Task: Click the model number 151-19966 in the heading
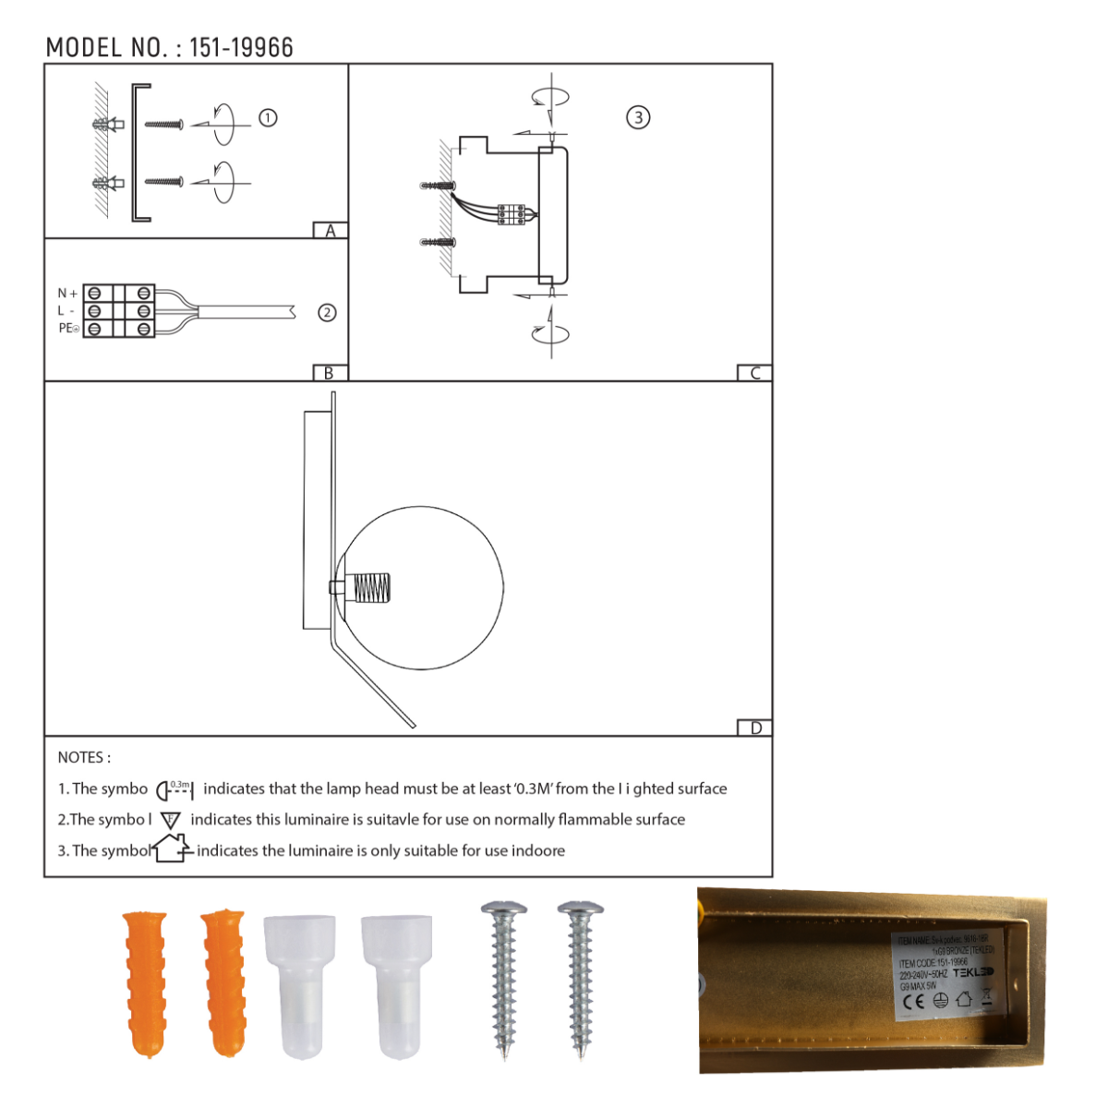click(241, 48)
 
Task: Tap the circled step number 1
click(268, 118)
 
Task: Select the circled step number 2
click(327, 313)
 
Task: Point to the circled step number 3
click(638, 117)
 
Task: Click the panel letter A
click(331, 231)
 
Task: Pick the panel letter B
click(329, 373)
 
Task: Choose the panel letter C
click(754, 373)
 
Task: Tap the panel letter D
click(755, 729)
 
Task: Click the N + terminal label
click(67, 294)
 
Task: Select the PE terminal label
click(68, 329)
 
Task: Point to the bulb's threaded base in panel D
click(371, 587)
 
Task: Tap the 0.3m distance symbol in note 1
click(175, 789)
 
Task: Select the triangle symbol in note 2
click(171, 820)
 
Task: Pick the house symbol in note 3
click(172, 848)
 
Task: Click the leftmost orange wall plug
click(145, 982)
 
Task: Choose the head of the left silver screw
click(504, 910)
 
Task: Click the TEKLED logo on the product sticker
click(972, 972)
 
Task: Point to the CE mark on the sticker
click(913, 1002)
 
